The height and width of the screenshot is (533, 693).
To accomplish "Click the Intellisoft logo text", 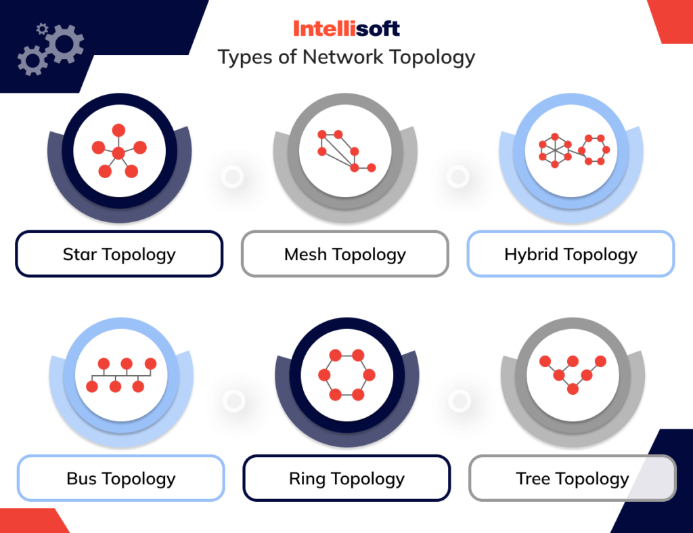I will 346,28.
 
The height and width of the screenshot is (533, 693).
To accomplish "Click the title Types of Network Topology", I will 346,57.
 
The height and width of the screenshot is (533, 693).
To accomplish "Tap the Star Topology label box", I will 119,254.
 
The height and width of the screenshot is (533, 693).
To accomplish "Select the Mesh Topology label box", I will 345,254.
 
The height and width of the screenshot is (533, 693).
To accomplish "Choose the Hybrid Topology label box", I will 571,254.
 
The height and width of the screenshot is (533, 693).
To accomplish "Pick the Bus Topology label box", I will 120,478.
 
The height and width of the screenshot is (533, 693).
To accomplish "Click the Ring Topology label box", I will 346,478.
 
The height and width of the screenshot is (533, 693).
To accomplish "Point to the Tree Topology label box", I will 572,478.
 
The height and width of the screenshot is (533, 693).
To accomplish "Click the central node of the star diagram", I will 118,154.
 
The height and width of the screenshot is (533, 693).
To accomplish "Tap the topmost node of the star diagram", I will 118,130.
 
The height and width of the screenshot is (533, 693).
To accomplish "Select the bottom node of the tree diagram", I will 573,389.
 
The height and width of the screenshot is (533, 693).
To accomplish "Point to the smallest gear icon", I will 42,28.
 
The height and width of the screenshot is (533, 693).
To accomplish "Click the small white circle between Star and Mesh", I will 232,177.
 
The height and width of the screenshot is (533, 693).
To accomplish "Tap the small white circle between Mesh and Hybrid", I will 458,177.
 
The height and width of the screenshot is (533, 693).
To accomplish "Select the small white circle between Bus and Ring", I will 233,401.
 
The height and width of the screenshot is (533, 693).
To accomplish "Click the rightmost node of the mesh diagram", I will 371,167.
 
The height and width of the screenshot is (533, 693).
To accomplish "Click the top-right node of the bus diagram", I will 150,364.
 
